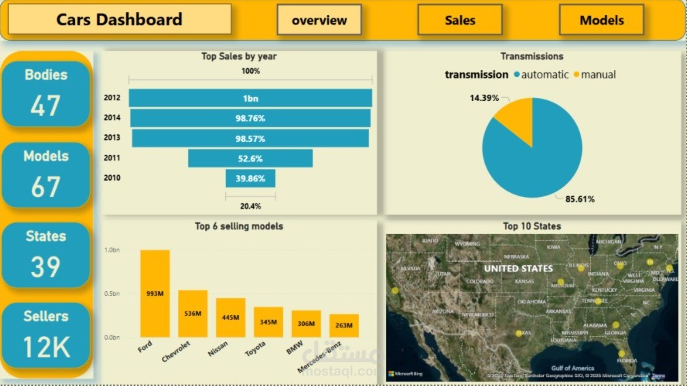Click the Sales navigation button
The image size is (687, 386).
click(460, 20)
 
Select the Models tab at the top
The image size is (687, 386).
click(601, 20)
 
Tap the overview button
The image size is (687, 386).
click(319, 20)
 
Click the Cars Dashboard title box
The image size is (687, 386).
click(119, 20)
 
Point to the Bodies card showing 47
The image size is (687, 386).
click(46, 93)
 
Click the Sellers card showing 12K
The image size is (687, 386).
click(46, 335)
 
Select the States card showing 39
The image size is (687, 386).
click(46, 254)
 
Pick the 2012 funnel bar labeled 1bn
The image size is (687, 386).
click(250, 98)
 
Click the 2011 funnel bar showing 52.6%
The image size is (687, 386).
click(250, 158)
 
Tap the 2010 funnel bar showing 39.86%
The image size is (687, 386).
click(250, 179)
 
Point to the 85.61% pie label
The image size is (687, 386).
click(580, 199)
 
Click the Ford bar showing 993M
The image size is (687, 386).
click(155, 293)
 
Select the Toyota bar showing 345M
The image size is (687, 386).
click(268, 322)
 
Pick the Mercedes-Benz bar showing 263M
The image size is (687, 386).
click(344, 325)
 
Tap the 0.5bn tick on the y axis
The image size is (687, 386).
click(111, 294)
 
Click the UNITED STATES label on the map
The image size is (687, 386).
click(518, 269)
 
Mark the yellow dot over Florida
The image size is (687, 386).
click(622, 353)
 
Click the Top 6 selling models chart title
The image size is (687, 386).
click(239, 226)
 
